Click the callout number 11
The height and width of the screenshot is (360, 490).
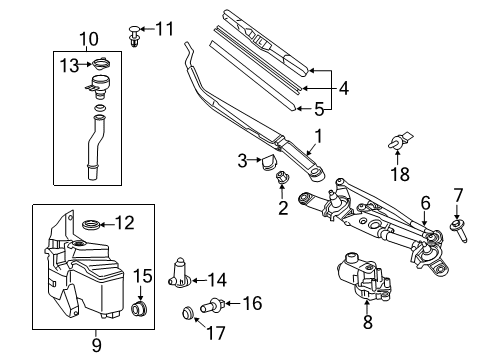point(165,27)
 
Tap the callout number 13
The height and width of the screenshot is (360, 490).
point(68,66)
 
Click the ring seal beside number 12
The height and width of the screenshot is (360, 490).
point(89,224)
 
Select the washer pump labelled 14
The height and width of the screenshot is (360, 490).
point(181,272)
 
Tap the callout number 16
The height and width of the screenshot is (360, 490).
point(251,302)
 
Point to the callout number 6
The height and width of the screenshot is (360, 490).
point(425,203)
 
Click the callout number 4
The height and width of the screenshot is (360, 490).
point(342,88)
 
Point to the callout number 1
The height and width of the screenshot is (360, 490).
point(319,135)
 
